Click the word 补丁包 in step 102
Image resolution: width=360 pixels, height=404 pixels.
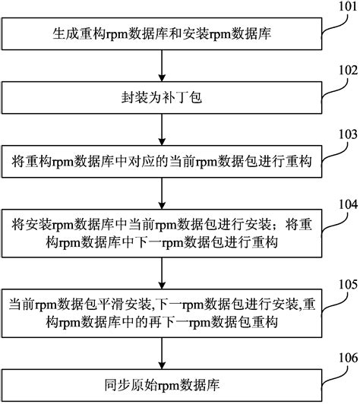182,97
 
